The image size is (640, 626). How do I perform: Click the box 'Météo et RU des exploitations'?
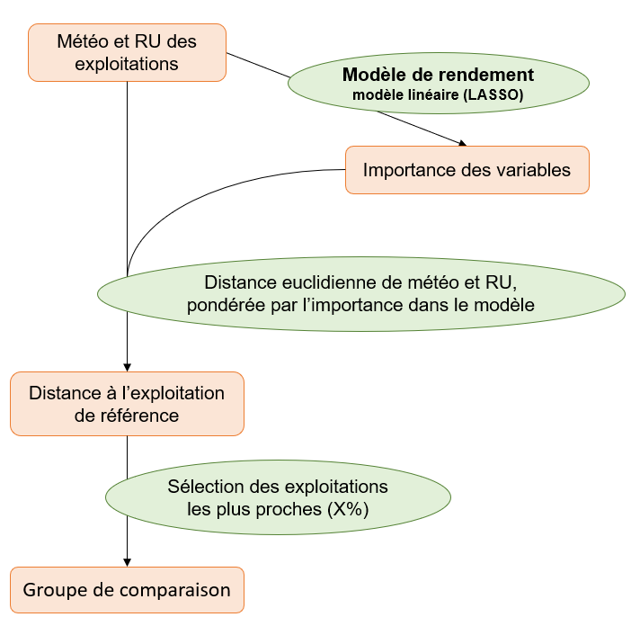tap(127, 53)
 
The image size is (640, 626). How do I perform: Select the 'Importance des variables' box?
tap(467, 169)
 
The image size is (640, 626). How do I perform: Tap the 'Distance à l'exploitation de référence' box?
tap(127, 404)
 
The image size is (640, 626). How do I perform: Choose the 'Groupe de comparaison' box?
tap(127, 590)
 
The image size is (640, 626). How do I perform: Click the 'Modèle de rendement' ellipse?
tap(438, 83)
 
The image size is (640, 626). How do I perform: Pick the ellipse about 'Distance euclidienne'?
tap(360, 293)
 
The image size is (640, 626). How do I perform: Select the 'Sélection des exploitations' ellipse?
tap(278, 497)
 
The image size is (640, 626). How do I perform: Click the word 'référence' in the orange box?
tap(142, 416)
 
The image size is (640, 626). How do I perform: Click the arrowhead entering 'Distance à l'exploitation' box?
tap(128, 367)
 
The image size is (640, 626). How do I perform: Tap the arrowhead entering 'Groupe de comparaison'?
tap(128, 562)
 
